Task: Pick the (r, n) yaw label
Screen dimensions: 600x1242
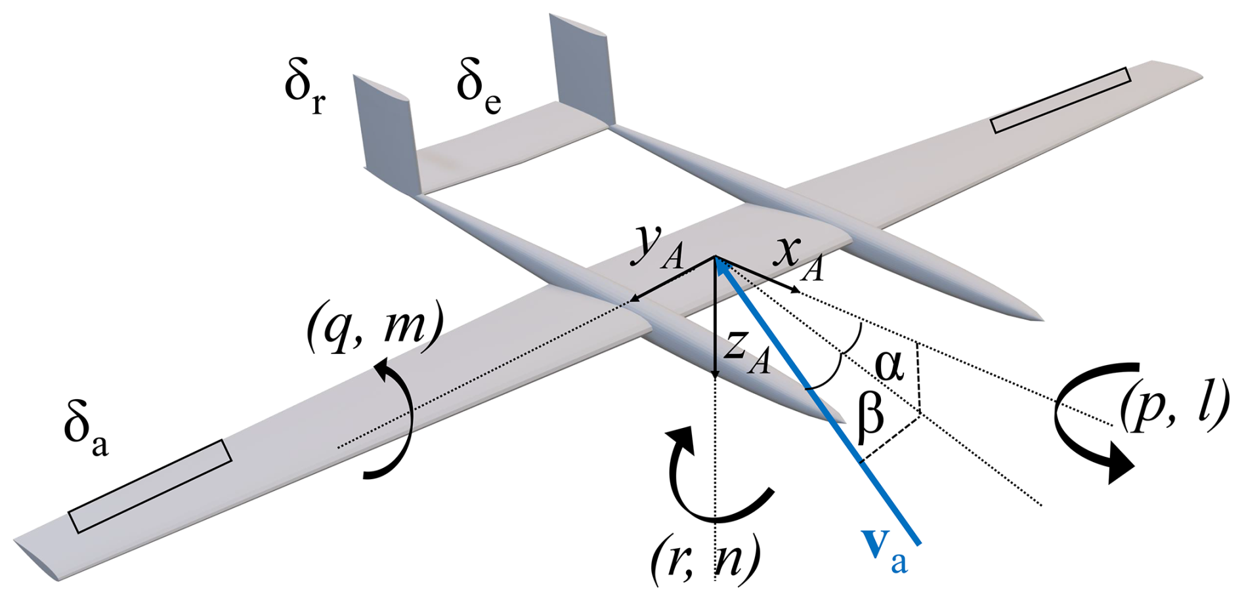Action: [706, 558]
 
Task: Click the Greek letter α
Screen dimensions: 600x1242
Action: [889, 366]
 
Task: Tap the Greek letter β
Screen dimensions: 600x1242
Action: [870, 416]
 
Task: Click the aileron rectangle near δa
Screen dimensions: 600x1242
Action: [150, 486]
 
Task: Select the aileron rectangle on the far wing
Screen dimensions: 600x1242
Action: [1060, 100]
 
